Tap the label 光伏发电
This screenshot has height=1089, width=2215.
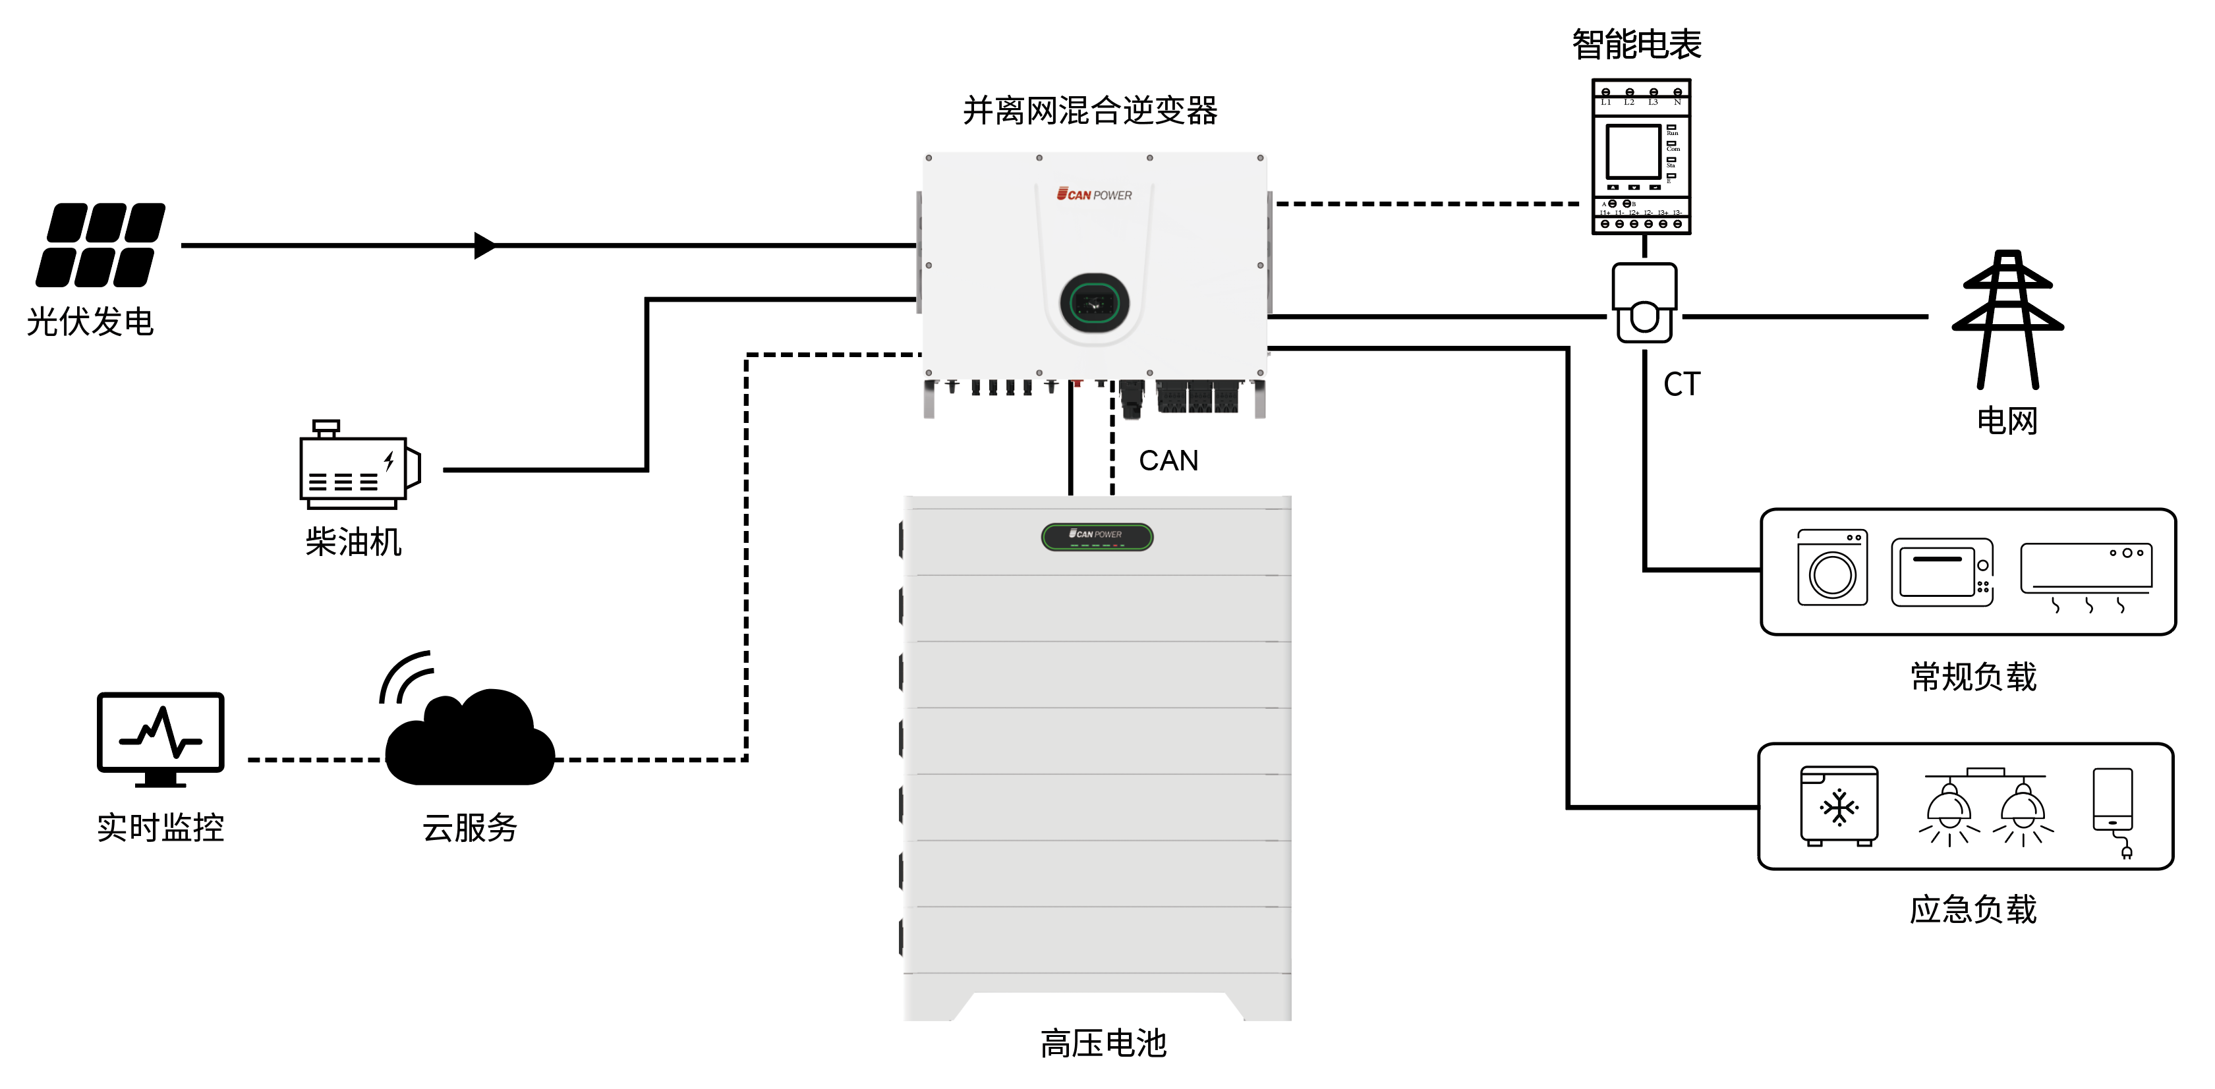tap(90, 322)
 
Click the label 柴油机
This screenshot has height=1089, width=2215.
tap(353, 542)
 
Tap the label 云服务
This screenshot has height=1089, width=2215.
tap(469, 827)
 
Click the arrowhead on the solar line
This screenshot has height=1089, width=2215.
tap(485, 246)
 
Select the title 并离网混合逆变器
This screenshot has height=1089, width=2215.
tap(1089, 111)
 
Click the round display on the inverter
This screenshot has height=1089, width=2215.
tap(1094, 302)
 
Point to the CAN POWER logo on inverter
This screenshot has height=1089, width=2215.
tap(1094, 195)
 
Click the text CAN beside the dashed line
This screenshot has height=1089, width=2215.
tap(1168, 461)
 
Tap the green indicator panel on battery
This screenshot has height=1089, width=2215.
tap(1097, 537)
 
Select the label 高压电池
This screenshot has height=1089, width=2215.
tap(1103, 1044)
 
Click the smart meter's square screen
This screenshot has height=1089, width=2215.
tap(1633, 152)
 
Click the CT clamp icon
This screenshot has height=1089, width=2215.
tap(1643, 302)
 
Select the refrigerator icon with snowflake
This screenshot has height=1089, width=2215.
tap(1839, 806)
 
